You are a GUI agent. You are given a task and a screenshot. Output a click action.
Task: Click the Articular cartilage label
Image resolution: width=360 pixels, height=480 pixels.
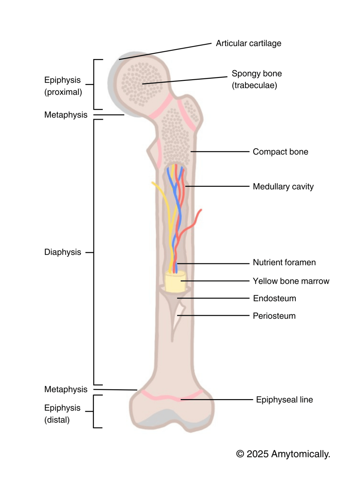coord(248,43)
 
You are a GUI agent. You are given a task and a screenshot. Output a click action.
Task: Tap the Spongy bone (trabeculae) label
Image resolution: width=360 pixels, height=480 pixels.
coord(256,79)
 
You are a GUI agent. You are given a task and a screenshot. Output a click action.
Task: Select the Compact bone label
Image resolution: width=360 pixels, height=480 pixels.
coord(280,152)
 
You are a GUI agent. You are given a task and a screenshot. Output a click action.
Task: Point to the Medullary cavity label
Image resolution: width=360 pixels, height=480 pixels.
coord(283,187)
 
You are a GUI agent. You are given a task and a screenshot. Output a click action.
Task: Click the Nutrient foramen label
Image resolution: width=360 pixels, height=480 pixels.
coord(284,263)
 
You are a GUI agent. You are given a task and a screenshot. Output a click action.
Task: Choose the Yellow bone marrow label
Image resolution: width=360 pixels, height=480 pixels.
coord(291,281)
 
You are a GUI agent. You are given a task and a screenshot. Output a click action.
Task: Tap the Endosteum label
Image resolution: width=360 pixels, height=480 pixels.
coord(274,299)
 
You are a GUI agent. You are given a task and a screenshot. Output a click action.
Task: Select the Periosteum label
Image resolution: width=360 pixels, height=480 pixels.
coord(274,316)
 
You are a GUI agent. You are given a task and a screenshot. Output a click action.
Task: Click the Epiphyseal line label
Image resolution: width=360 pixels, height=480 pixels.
coord(284,400)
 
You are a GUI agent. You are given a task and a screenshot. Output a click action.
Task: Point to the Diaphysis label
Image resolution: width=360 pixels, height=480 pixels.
coord(63,252)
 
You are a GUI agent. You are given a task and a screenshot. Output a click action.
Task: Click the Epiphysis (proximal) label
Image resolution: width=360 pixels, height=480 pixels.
coord(63,86)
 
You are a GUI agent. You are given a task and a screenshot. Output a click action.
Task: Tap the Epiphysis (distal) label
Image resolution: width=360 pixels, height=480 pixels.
coord(62,414)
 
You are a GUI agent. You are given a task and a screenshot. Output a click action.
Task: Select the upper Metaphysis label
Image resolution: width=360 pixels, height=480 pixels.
coord(66,115)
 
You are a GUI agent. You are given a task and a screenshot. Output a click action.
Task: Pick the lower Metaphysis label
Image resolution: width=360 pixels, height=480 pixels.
coord(66,389)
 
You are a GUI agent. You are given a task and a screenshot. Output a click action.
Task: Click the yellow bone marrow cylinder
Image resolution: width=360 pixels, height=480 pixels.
coord(175,282)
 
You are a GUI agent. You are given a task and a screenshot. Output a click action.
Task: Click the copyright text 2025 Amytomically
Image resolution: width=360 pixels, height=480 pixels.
coord(283,454)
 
